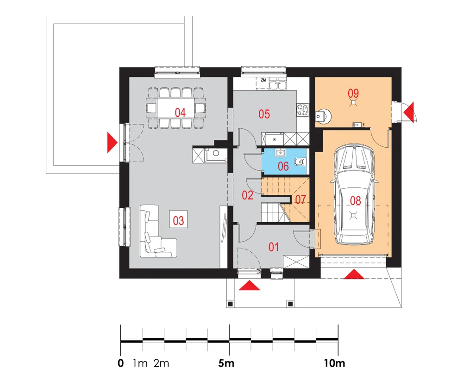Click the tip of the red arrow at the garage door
(x=354, y=269)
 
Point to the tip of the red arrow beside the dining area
(x=118, y=142)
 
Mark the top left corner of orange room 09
(x=315, y=77)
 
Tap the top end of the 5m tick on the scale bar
(x=229, y=324)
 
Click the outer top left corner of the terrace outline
(x=46, y=16)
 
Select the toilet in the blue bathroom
(x=300, y=162)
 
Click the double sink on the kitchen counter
(x=277, y=85)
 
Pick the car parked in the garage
(x=354, y=194)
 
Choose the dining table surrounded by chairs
(x=175, y=108)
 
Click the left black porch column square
(x=230, y=304)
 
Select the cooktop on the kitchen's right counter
(x=303, y=110)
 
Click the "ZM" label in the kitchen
(x=263, y=80)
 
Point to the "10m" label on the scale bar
(x=335, y=363)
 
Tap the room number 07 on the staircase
(x=300, y=200)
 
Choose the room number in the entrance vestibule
(x=274, y=247)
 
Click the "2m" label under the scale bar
(x=161, y=363)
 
